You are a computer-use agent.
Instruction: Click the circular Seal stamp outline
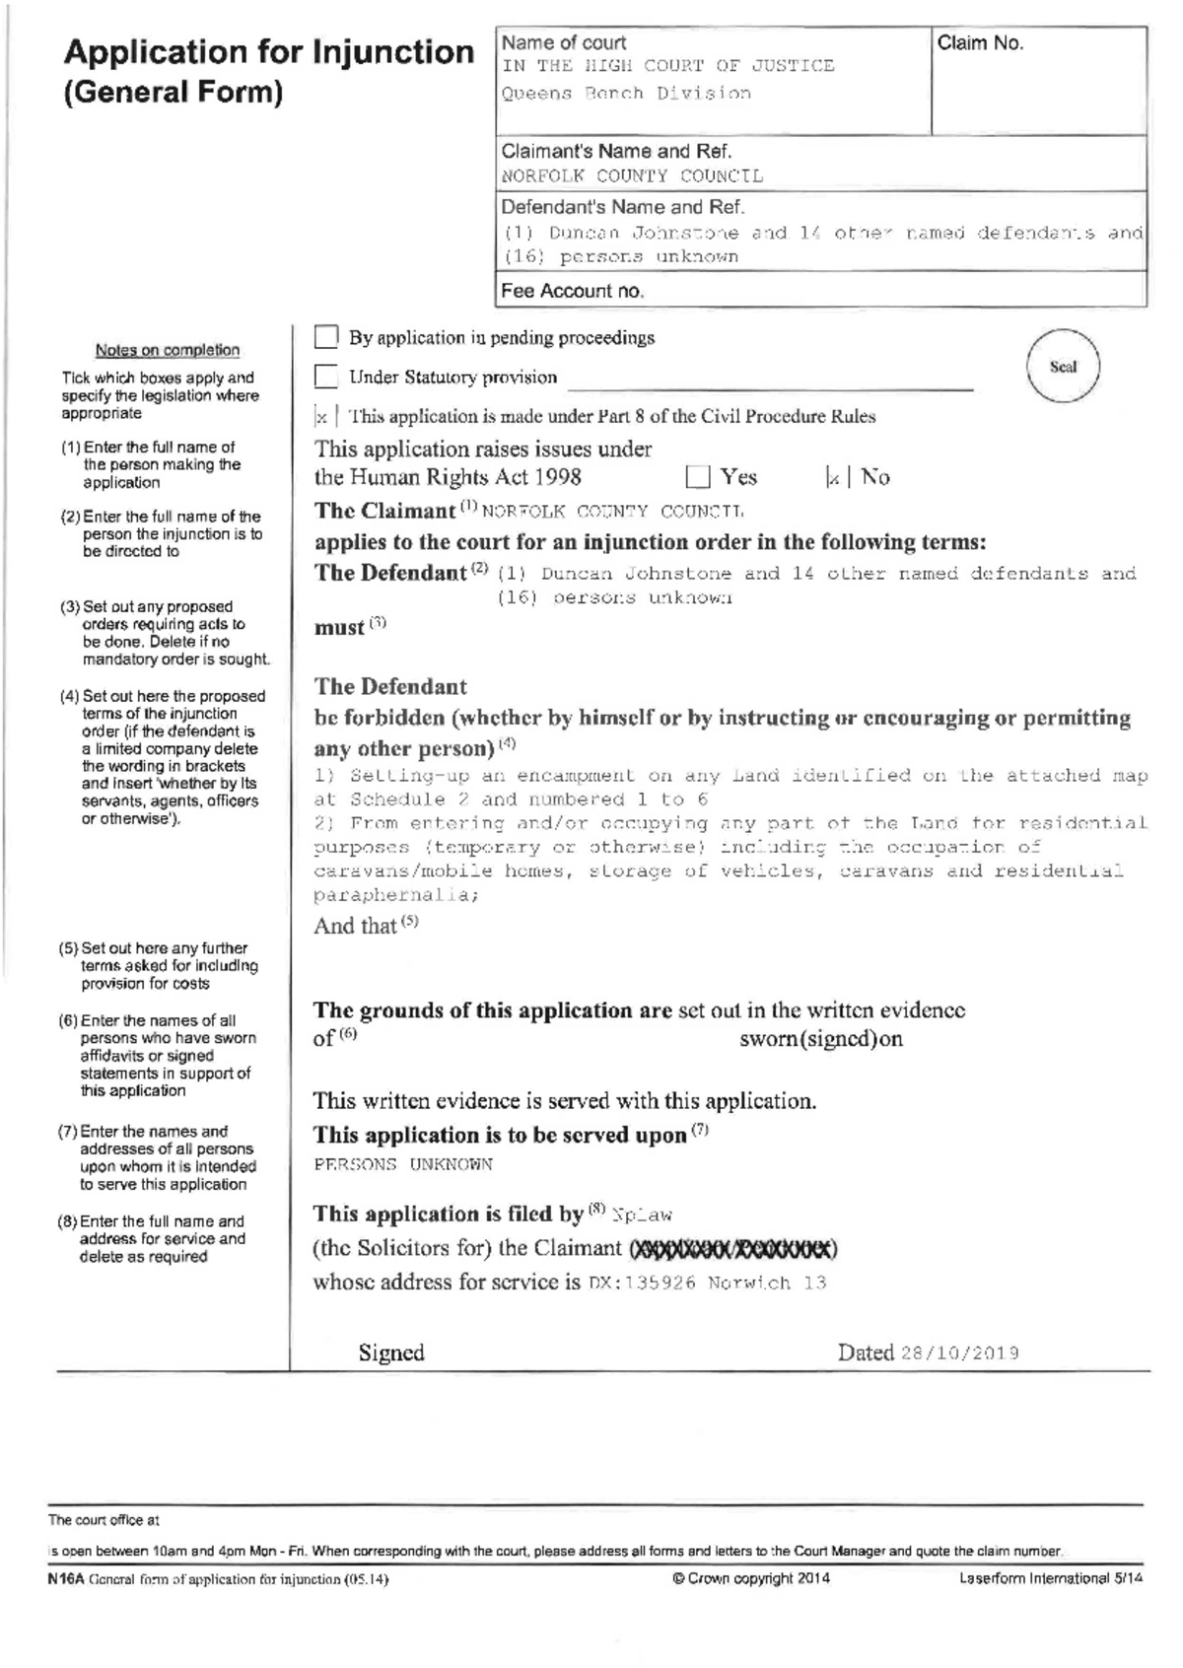click(1063, 367)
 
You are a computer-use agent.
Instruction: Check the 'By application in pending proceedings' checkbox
click(326, 337)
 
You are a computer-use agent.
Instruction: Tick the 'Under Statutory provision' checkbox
click(326, 377)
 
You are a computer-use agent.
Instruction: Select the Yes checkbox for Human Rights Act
click(698, 478)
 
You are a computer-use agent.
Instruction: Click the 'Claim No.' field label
click(980, 43)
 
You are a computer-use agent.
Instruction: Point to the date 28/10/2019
click(959, 1354)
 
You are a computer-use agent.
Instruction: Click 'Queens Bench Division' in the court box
click(626, 94)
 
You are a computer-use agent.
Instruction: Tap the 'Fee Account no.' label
click(572, 291)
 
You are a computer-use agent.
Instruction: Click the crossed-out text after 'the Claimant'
click(733, 1250)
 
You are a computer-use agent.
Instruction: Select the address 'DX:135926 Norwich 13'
click(707, 1284)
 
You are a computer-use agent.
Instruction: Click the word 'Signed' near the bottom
click(391, 1353)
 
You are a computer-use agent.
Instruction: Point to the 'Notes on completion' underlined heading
click(168, 350)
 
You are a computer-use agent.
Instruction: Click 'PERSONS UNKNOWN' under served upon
click(402, 1164)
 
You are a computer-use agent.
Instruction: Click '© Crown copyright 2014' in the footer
click(750, 1578)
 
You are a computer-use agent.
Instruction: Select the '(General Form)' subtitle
click(174, 93)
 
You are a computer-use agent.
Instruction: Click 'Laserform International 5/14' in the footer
click(1051, 1578)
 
